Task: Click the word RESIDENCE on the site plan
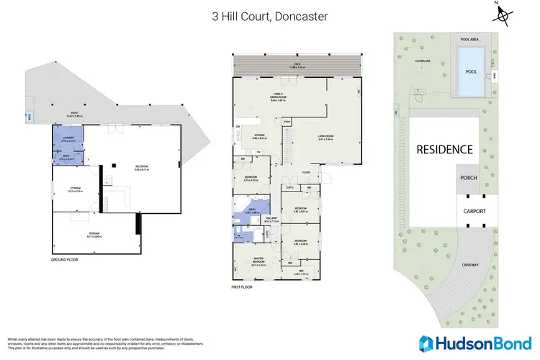click(x=444, y=150)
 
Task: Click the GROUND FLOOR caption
click(x=65, y=258)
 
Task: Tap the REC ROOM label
click(x=140, y=167)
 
